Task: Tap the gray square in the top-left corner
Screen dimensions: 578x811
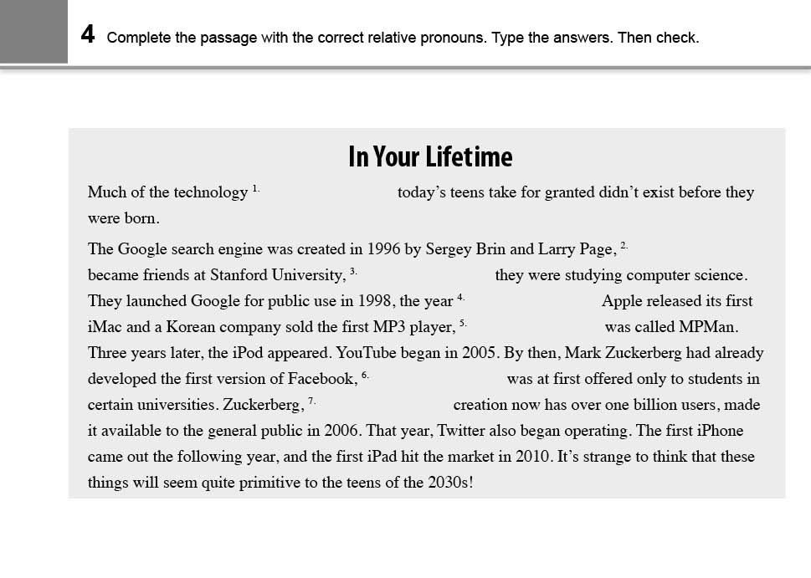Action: pyautogui.click(x=33, y=32)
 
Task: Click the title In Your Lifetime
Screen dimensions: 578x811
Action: pyautogui.click(x=430, y=156)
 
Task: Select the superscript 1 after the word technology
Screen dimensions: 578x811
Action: pyautogui.click(x=256, y=189)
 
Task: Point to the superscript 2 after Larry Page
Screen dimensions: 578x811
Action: pyautogui.click(x=624, y=244)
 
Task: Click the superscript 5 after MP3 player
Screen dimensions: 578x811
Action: pyautogui.click(x=463, y=322)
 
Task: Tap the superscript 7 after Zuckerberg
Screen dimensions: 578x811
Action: pyautogui.click(x=311, y=401)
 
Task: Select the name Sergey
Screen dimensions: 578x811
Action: pyautogui.click(x=449, y=249)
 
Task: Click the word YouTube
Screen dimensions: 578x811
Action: pyautogui.click(x=366, y=353)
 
